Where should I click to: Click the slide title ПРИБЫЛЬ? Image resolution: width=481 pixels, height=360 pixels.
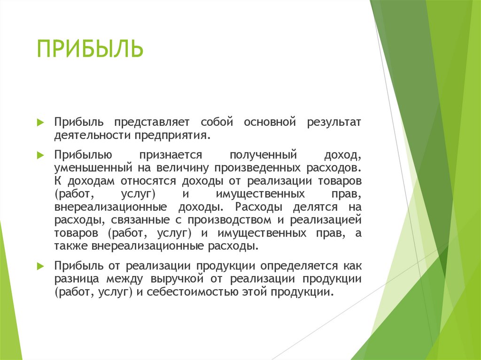[90, 49]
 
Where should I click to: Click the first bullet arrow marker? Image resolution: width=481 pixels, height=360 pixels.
[40, 123]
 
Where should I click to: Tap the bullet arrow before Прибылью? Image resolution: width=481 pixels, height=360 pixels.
[40, 154]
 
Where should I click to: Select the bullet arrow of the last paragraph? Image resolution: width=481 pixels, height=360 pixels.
[40, 266]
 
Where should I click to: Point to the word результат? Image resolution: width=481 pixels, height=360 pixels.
[334, 123]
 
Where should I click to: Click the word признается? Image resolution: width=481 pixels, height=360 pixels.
[170, 155]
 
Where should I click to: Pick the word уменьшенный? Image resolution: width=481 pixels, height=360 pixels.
[93, 168]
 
